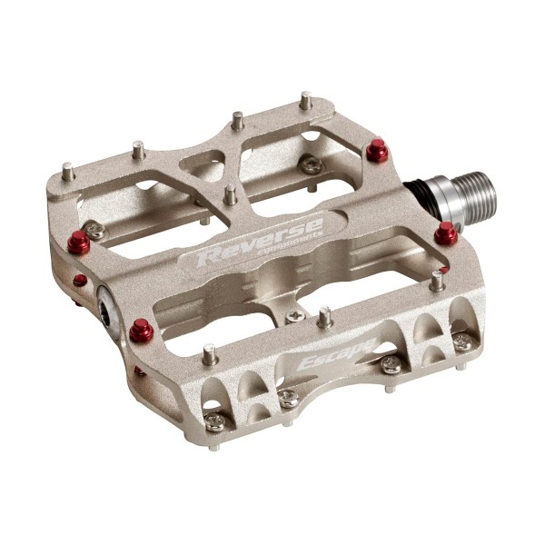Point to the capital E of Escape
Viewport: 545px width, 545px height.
306,366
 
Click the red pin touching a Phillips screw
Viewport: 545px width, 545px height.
82,241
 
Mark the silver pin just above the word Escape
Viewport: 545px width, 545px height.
323,317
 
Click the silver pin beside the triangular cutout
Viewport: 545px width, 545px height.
231,193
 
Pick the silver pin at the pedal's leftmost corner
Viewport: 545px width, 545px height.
68,168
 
